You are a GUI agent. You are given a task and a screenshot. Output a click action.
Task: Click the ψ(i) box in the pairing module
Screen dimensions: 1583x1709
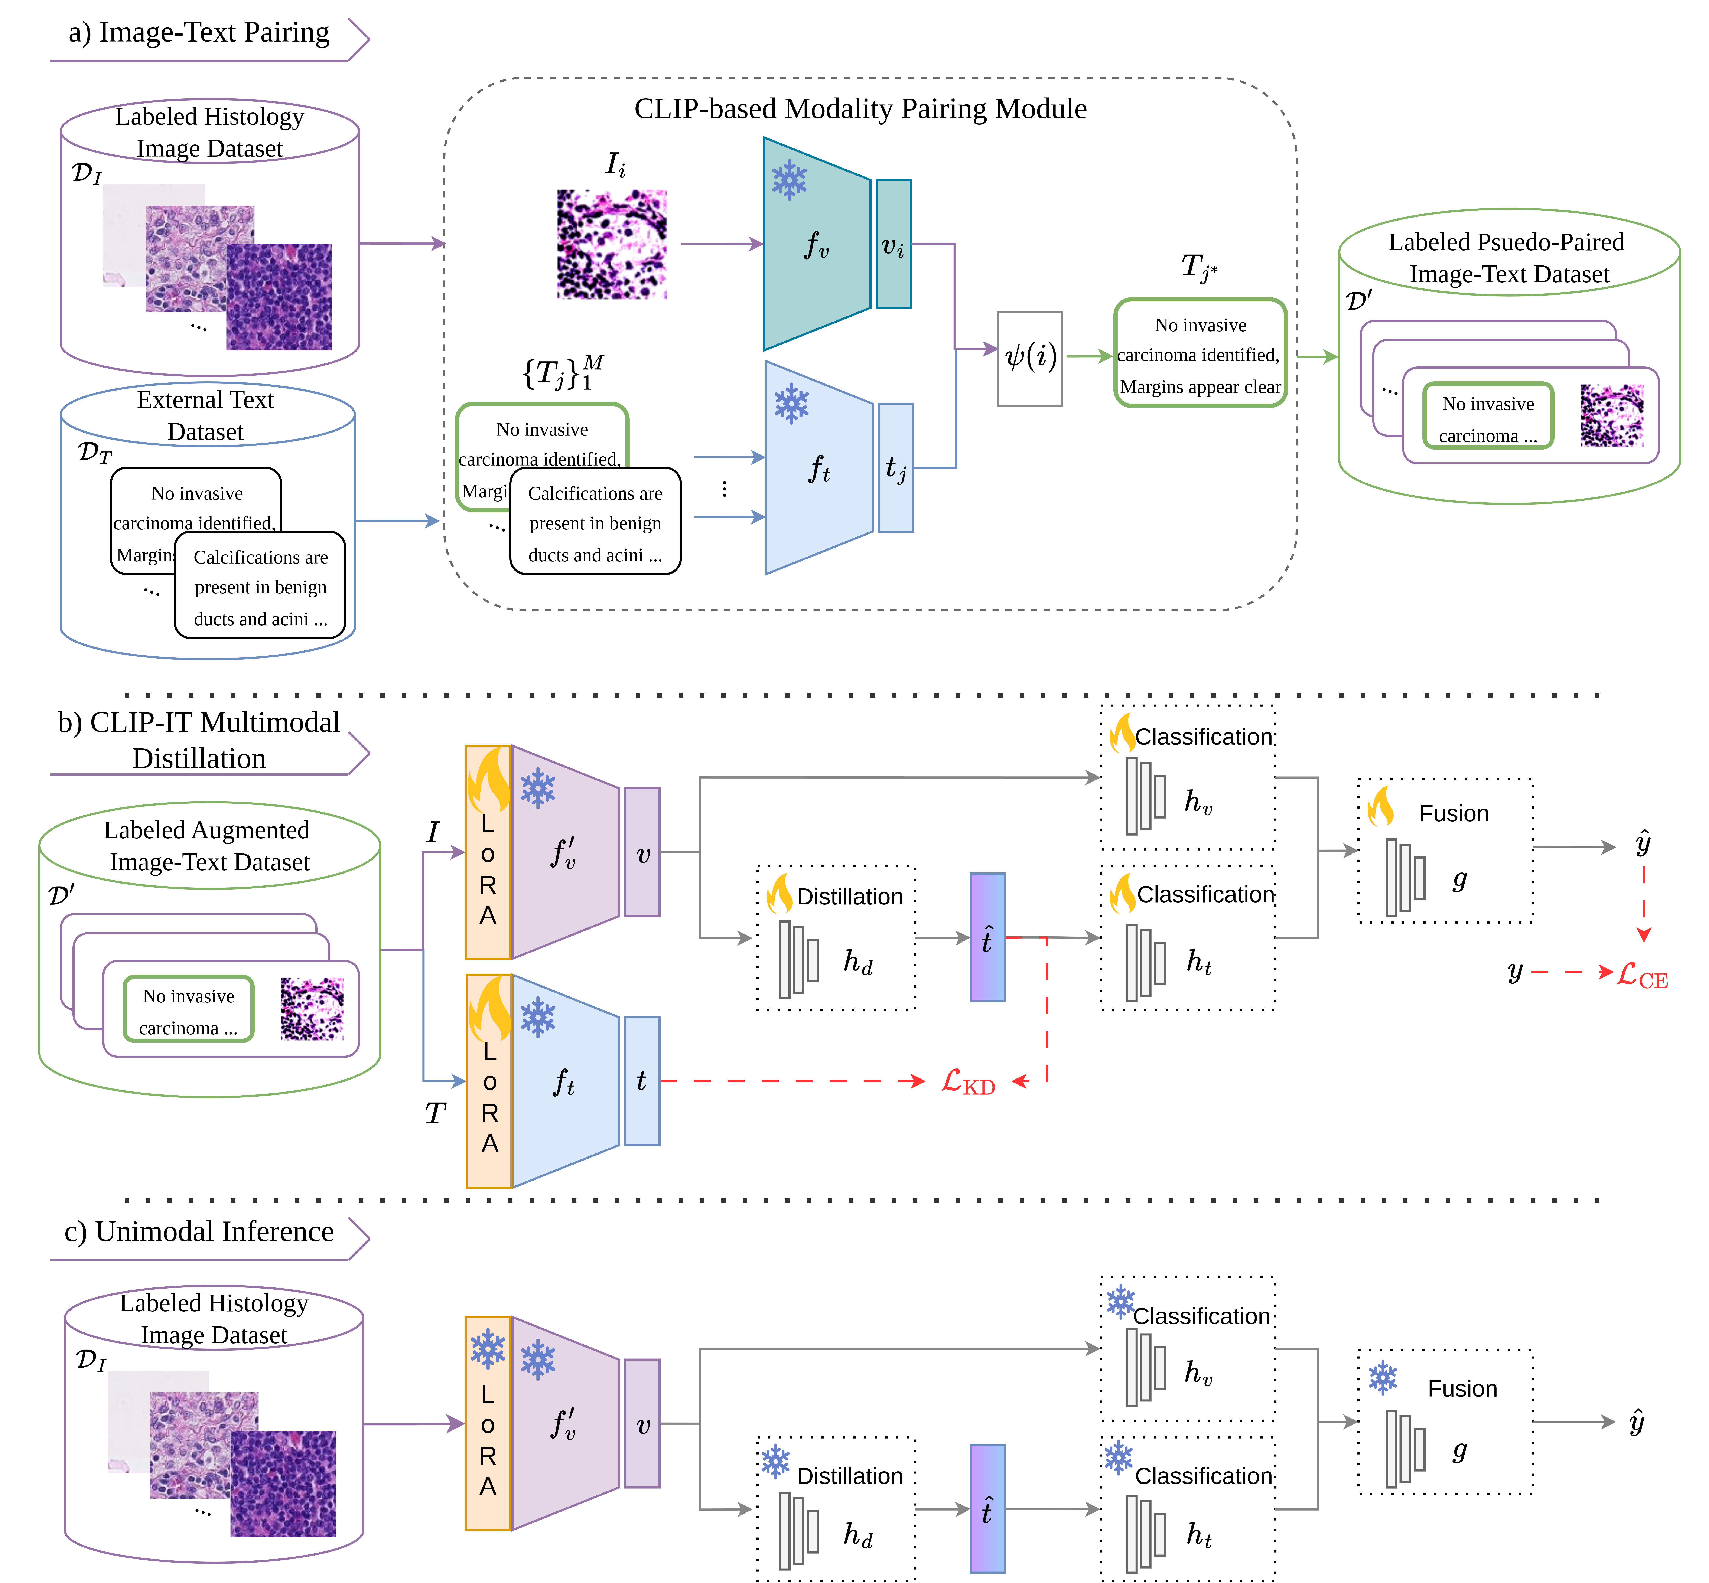1030,358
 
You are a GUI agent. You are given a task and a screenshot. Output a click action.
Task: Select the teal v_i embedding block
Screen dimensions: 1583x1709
893,244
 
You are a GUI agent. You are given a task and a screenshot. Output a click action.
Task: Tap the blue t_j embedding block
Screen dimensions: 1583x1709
896,468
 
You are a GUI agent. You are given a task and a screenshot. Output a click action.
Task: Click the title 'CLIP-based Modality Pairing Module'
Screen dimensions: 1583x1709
860,109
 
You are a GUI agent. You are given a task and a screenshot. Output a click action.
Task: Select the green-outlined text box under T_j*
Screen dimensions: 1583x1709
1200,353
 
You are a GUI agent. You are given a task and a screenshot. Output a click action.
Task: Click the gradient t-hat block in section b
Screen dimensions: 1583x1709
987,937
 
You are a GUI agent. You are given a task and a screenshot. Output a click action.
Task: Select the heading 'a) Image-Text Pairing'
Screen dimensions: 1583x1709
199,33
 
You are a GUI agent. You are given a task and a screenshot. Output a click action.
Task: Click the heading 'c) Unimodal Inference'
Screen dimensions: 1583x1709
199,1232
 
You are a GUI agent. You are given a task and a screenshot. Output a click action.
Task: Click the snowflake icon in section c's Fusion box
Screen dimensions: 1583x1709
1382,1378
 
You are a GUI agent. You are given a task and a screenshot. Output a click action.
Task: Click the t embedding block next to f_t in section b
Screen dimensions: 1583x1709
642,1081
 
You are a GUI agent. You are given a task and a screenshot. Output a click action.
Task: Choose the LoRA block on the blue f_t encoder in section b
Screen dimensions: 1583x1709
488,1081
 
